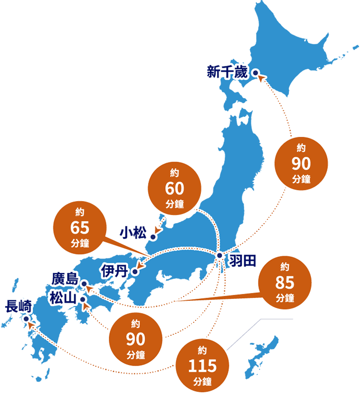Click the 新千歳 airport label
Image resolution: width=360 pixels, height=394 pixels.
(x=227, y=73)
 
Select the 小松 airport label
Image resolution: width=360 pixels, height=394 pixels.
(x=133, y=234)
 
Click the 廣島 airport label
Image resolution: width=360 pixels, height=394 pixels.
(x=65, y=280)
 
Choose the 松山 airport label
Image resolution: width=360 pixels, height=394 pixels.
(x=63, y=297)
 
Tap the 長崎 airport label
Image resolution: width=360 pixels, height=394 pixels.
(x=18, y=306)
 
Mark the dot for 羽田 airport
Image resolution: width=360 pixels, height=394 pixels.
(x=219, y=255)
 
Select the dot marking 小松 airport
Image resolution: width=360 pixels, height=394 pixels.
(x=153, y=237)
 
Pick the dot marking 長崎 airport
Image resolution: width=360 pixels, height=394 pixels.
(x=26, y=318)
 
